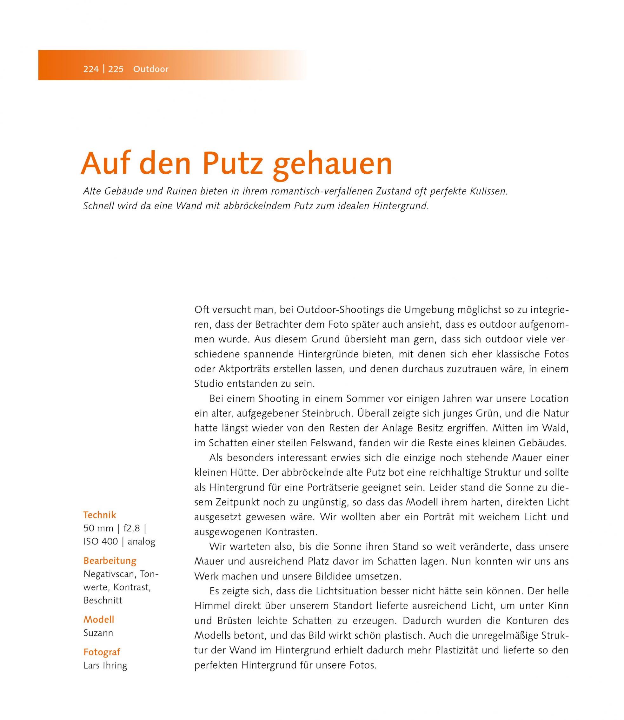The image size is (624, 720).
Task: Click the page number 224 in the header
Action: pos(91,69)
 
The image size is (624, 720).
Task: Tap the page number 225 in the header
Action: pos(116,69)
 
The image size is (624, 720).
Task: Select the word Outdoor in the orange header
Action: pos(151,69)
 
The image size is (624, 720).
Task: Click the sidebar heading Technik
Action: pos(100,515)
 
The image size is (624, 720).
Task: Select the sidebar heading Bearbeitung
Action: pos(110,561)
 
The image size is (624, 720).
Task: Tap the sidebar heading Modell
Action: pos(98,620)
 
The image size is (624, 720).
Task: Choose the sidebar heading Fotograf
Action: pos(102,652)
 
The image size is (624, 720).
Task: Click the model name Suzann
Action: pos(98,633)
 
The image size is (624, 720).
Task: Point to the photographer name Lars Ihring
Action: pos(105,665)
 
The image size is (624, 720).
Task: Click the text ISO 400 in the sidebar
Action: pos(101,542)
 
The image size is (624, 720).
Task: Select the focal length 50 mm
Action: pos(98,529)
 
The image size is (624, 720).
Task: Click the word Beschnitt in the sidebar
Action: pos(103,600)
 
